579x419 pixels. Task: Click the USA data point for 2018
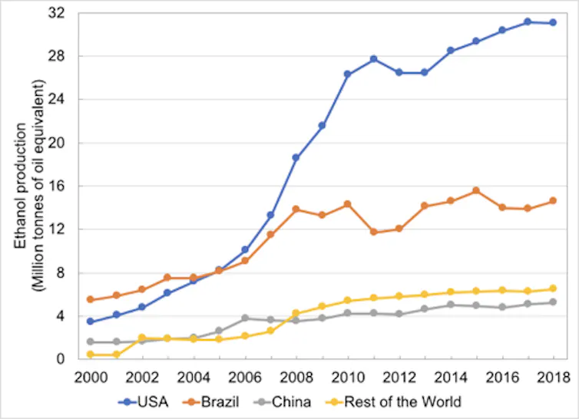click(x=553, y=22)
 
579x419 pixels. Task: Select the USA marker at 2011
click(x=373, y=59)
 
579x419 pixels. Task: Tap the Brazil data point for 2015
click(x=476, y=190)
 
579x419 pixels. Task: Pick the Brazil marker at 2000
click(x=91, y=299)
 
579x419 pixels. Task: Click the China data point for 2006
click(x=245, y=318)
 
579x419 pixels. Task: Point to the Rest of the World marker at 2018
click(x=553, y=289)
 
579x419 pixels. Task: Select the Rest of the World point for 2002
click(x=142, y=338)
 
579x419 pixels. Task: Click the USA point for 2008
click(x=296, y=157)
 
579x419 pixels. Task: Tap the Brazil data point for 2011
click(x=373, y=232)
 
